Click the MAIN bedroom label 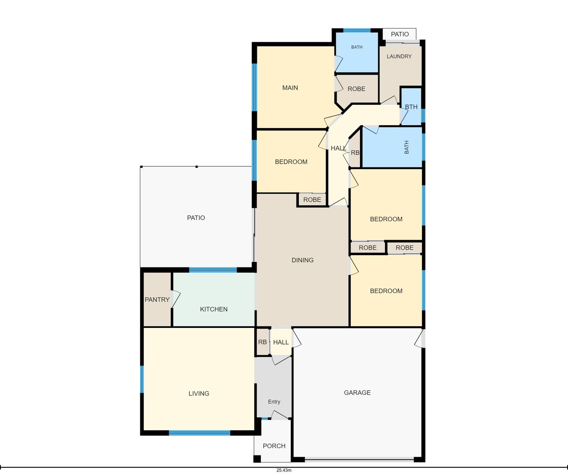tap(290, 88)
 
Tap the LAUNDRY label tap(399, 56)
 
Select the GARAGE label tap(357, 392)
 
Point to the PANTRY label tap(157, 299)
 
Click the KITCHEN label tap(213, 309)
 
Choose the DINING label tap(302, 260)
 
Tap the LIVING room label tap(199, 393)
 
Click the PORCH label tap(274, 446)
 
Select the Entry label tap(274, 402)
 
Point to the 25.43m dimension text tap(284, 470)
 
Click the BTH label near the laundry tap(411, 107)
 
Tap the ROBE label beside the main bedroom tap(357, 89)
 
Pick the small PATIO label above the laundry tap(400, 34)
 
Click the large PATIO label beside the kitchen tap(196, 218)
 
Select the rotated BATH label tap(406, 147)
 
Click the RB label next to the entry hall tap(262, 342)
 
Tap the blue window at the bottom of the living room tap(199, 433)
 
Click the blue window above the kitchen tap(213, 270)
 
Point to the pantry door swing tap(176, 299)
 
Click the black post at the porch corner tap(257, 459)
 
